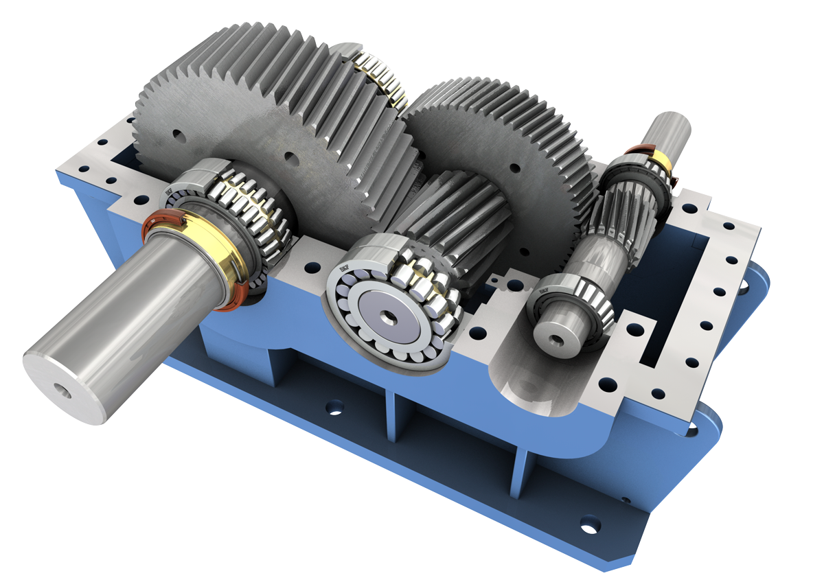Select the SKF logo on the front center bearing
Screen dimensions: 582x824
tap(341, 268)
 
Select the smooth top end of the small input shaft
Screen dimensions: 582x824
tap(669, 130)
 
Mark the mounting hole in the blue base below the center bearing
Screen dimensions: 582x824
tap(334, 408)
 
